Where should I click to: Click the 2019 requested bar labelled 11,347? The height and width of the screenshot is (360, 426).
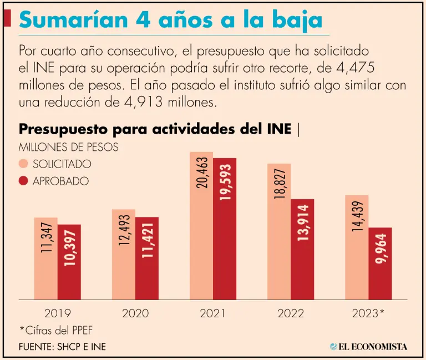[45, 258]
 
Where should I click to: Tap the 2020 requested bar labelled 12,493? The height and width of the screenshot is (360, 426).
[123, 255]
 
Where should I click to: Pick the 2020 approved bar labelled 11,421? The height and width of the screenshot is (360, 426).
[146, 258]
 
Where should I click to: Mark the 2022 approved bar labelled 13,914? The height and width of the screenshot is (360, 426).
[302, 250]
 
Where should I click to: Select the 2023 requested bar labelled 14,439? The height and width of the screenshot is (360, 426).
[357, 247]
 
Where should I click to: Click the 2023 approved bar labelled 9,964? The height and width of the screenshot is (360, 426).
[380, 263]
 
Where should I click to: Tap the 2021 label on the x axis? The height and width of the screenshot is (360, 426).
[212, 313]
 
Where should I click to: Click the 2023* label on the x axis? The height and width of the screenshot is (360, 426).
[368, 313]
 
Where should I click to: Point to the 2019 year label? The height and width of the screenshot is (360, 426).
[57, 313]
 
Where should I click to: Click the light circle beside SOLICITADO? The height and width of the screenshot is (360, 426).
[23, 164]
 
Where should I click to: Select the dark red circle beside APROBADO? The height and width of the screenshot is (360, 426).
[23, 181]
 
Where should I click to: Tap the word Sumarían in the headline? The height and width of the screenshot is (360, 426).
[74, 20]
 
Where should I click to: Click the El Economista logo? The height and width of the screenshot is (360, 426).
[368, 347]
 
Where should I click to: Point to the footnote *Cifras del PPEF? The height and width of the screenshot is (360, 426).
[56, 331]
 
